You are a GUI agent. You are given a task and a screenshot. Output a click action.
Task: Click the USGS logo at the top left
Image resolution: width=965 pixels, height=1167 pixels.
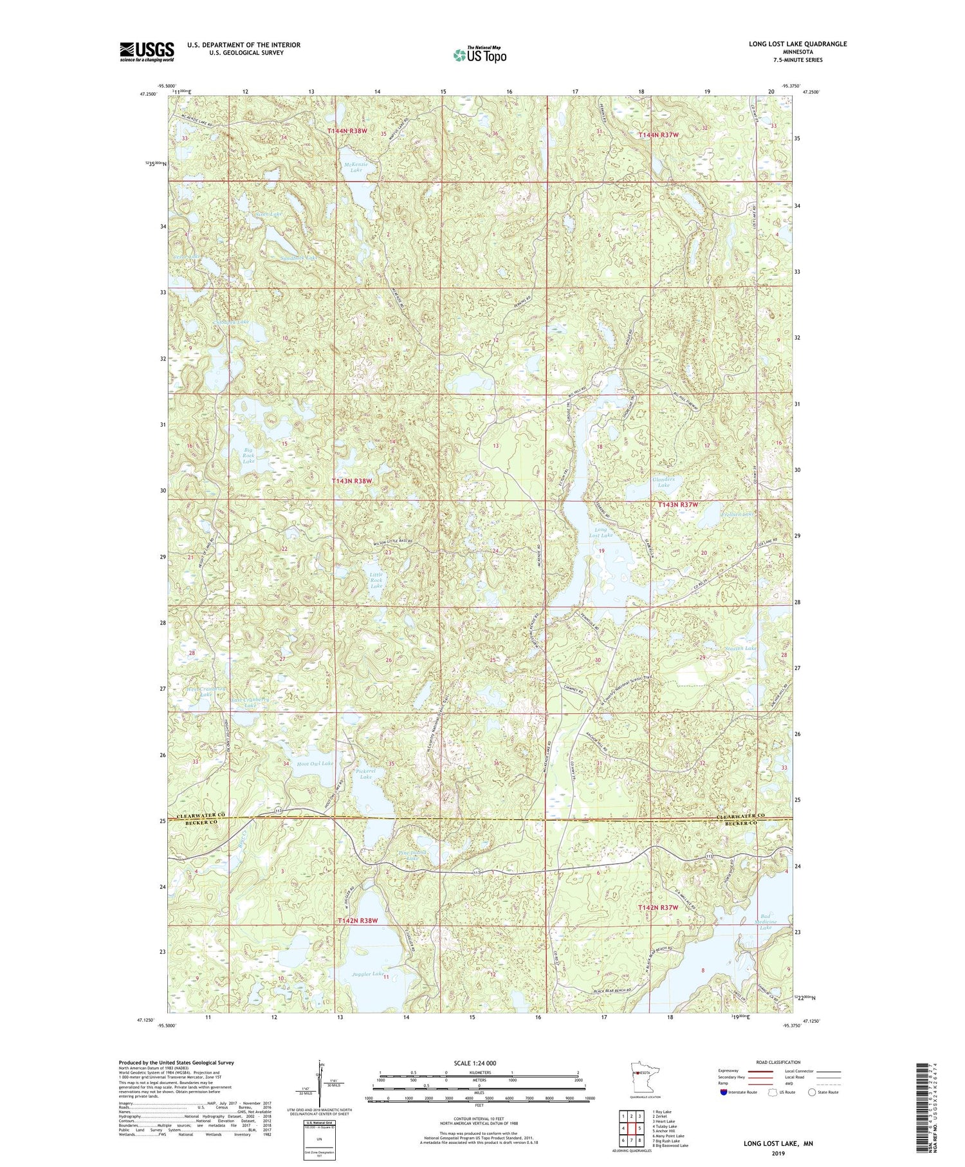(x=147, y=51)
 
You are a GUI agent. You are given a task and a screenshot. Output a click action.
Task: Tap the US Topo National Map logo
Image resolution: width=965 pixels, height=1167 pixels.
(x=479, y=55)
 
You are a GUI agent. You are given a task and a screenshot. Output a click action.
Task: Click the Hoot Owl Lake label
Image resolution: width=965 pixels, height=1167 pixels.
(x=315, y=763)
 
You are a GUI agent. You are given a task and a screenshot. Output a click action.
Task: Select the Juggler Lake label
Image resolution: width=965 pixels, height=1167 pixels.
(x=368, y=974)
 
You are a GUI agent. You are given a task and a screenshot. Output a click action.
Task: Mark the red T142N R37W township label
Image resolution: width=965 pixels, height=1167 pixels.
(x=658, y=907)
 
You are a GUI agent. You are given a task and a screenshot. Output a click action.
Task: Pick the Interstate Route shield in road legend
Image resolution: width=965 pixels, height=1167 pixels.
(x=724, y=1092)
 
